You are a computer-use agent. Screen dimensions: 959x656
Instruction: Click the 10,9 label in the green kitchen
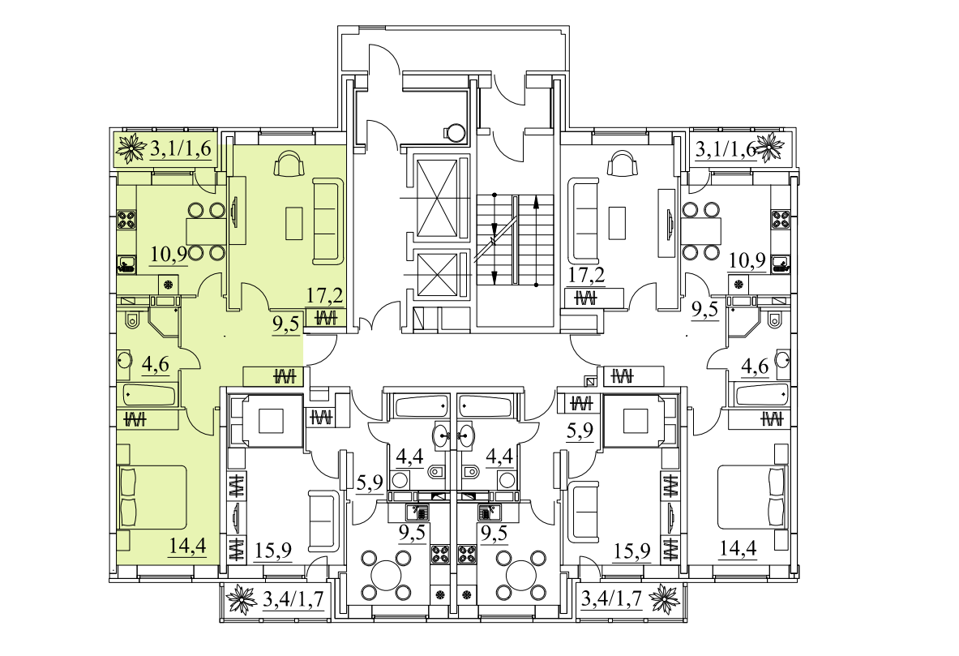[x=168, y=253]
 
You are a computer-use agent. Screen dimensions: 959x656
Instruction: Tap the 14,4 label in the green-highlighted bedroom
[x=187, y=545]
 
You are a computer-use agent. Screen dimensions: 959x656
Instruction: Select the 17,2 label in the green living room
[x=324, y=297]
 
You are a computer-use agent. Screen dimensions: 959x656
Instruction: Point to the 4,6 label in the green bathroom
[x=155, y=365]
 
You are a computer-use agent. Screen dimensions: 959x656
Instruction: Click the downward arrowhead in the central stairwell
[x=494, y=277]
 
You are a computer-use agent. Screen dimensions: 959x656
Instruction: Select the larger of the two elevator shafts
[x=436, y=198]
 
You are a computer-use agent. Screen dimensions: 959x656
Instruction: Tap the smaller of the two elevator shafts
[x=436, y=276]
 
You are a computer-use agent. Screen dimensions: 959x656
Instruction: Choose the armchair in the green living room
[x=290, y=164]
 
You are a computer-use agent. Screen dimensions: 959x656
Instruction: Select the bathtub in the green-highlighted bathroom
[x=150, y=394]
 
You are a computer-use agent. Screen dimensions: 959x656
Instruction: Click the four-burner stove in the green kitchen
[x=126, y=220]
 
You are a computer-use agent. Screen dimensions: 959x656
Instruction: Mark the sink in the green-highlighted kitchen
[x=126, y=264]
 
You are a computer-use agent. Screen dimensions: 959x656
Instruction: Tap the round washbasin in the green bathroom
[x=124, y=359]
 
